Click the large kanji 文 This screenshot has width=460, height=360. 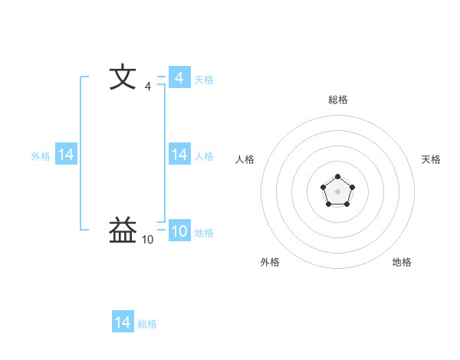(123, 78)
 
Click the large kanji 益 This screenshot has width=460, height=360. (123, 230)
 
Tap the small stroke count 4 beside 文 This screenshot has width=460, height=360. (147, 87)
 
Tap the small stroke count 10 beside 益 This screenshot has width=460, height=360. (147, 240)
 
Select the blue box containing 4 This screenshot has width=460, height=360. (179, 78)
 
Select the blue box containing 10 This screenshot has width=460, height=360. (179, 232)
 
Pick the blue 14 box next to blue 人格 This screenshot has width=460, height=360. (179, 155)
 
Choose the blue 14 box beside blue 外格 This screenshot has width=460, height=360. (66, 155)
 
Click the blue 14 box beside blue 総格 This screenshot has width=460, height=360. (123, 322)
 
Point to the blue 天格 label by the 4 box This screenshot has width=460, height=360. (204, 79)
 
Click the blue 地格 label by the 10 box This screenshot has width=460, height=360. (204, 233)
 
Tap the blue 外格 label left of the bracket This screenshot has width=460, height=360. (41, 155)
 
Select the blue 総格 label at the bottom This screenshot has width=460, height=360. (147, 324)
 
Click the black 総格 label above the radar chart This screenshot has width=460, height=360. (337, 100)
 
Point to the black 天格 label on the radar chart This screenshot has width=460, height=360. (431, 159)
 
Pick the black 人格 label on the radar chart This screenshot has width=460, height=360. (245, 159)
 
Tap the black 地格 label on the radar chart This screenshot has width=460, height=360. (402, 262)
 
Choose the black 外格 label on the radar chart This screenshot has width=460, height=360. (270, 262)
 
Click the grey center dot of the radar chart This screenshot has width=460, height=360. (337, 191)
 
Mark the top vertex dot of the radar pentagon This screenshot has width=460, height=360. (337, 177)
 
